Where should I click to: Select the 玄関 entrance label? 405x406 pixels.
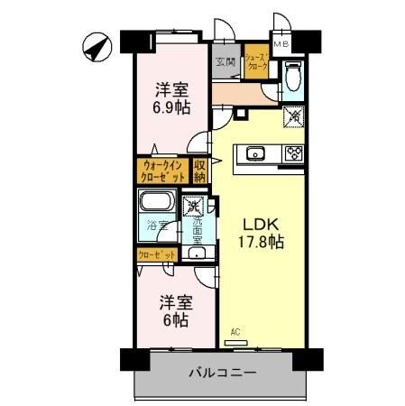226,63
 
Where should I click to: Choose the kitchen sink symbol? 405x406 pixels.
254,153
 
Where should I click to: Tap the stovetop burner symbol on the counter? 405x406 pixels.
292,153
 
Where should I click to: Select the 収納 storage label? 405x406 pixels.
200,171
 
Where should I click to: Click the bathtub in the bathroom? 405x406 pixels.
159,203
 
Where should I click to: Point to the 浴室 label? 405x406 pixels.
157,229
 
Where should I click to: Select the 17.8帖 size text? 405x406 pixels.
261,242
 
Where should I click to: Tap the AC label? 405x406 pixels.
235,332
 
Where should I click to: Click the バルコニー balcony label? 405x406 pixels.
223,373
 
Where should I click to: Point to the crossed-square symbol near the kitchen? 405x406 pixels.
293,115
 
